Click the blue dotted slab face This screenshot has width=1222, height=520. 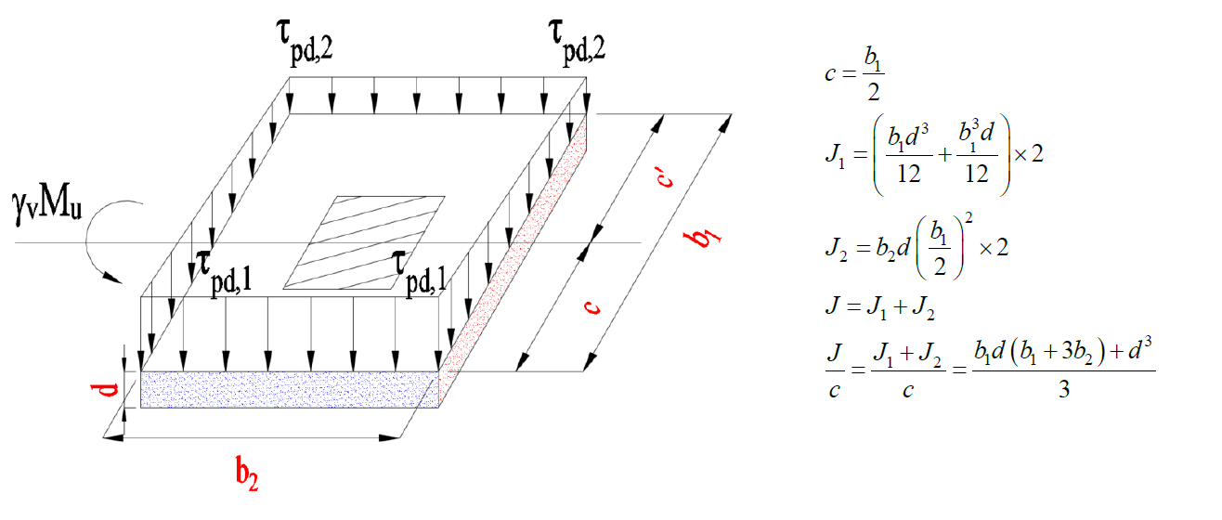click(x=289, y=389)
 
